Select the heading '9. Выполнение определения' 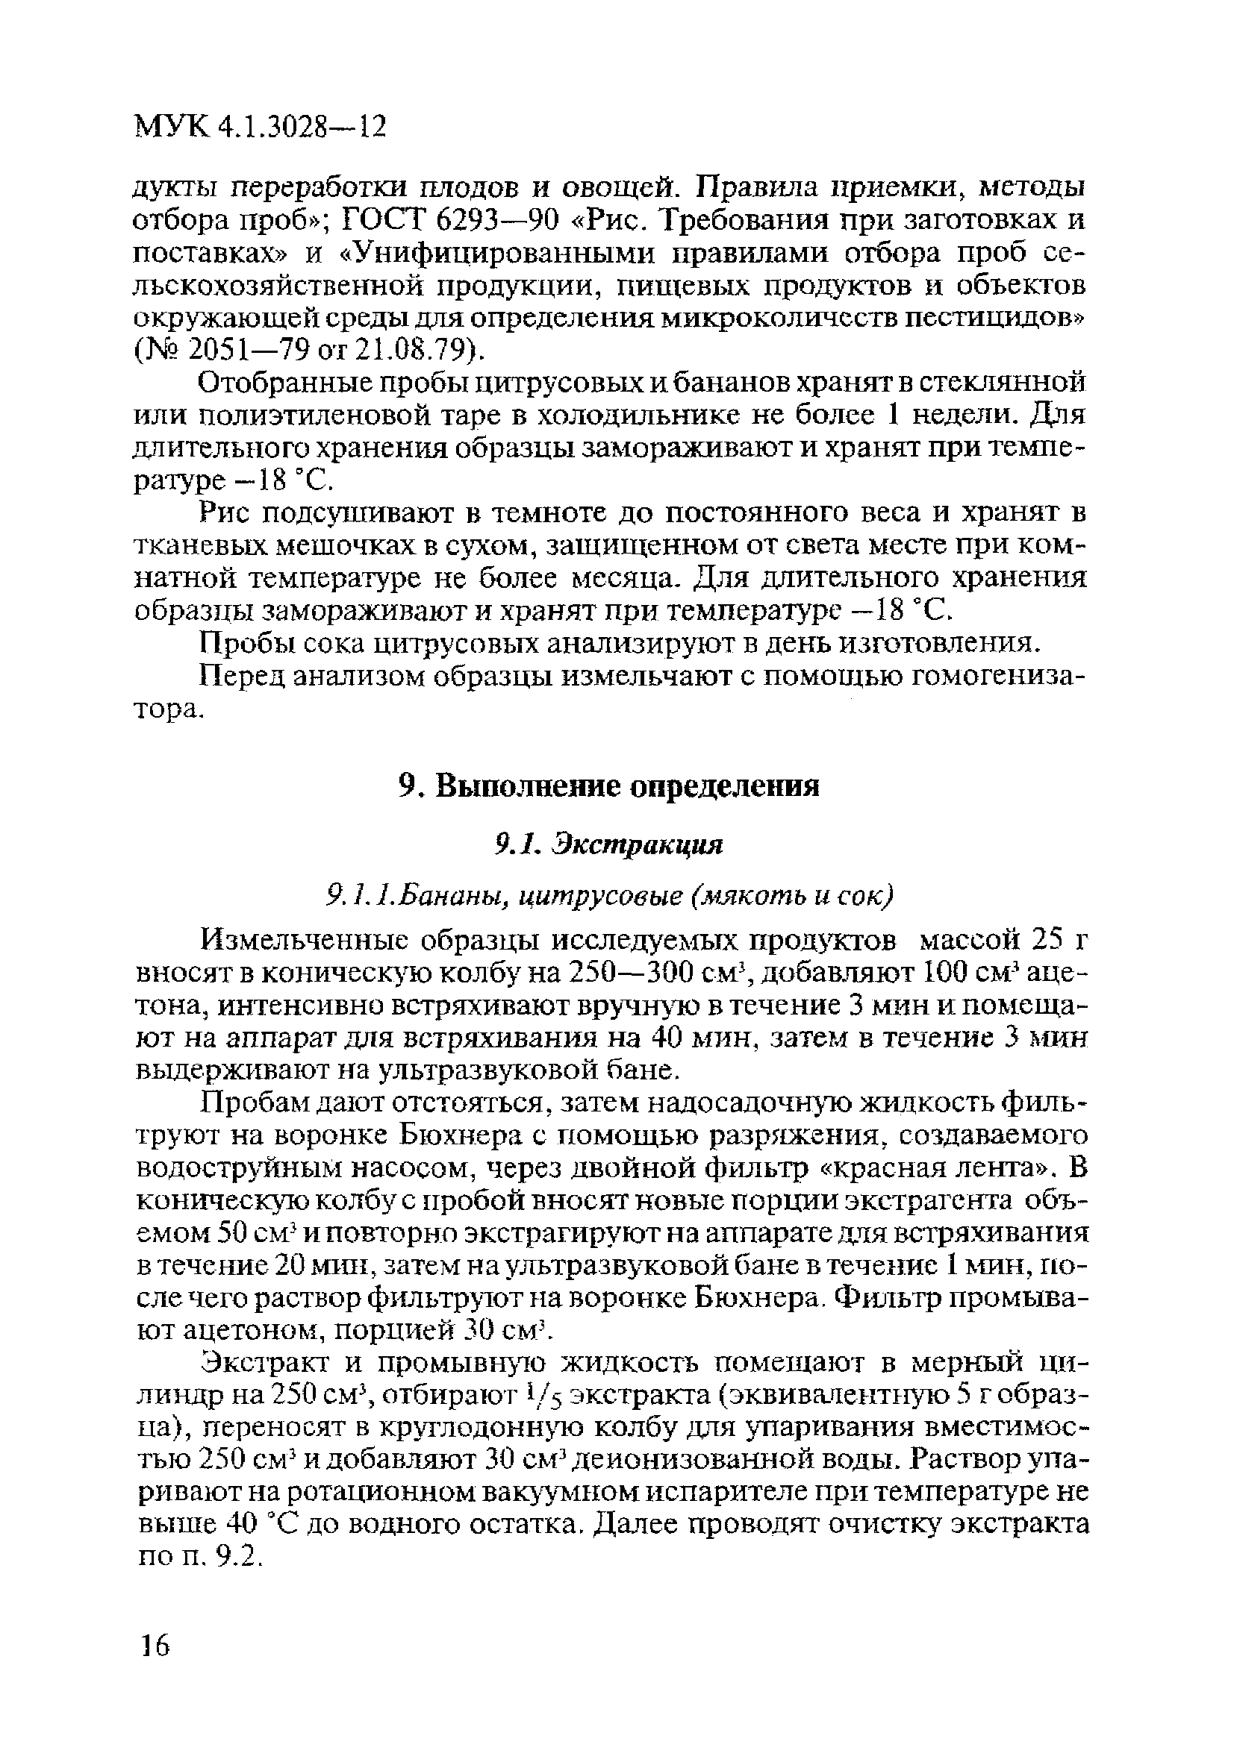point(610,786)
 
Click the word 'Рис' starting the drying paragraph point(226,512)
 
